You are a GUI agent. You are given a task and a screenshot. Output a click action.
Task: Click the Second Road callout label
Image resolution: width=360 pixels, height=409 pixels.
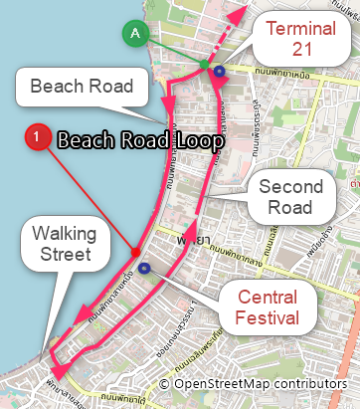pos(290,197)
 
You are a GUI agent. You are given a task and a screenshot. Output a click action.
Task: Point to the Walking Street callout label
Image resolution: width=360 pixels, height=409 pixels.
pos(63,245)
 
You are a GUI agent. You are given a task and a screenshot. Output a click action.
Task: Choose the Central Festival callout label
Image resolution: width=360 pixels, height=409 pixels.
pos(267,307)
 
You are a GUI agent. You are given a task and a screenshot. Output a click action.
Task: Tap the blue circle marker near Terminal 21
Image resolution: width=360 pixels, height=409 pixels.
pos(219,72)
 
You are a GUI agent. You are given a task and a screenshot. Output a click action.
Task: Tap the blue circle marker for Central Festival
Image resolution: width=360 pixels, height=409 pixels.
pos(145,268)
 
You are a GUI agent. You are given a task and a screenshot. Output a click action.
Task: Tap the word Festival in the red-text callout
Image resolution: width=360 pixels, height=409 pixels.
pos(267,317)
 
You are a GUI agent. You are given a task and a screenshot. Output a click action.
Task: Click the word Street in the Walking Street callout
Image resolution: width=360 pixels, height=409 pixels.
pos(63,256)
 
